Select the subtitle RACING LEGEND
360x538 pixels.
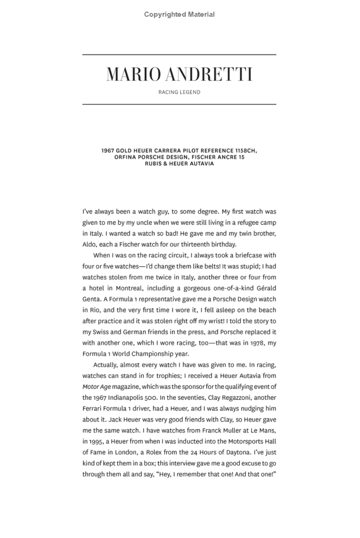click(x=179, y=92)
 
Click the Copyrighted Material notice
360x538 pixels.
click(x=179, y=14)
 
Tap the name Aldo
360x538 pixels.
click(x=91, y=244)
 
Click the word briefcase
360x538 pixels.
click(x=236, y=255)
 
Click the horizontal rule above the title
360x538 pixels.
click(x=179, y=54)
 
